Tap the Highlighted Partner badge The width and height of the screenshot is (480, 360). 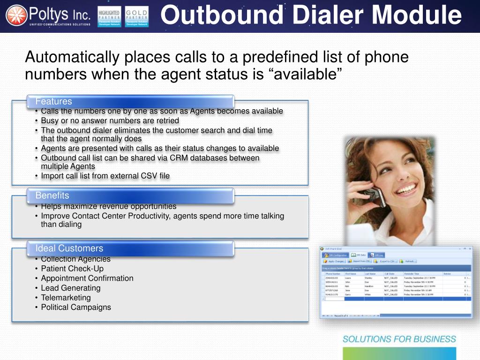[109, 16]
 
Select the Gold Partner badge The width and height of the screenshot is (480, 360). [137, 16]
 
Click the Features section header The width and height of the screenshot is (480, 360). [54, 101]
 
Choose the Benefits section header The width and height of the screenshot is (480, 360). [52, 195]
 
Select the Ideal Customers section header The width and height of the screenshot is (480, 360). [69, 248]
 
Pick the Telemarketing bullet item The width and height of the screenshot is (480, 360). [66, 298]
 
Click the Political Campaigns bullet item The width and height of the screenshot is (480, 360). [76, 307]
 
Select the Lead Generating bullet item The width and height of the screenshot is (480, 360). [70, 288]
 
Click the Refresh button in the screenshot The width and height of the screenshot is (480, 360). [408, 261]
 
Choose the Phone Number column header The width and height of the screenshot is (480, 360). [333, 274]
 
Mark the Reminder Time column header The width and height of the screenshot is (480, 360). [412, 274]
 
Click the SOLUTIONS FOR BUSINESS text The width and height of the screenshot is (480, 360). [399, 339]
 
